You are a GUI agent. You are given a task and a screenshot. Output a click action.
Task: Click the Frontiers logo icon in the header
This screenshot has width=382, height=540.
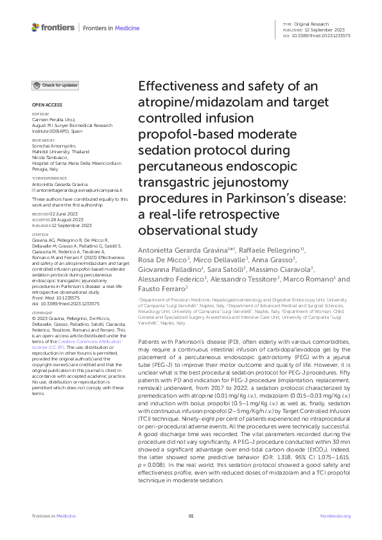(35, 28)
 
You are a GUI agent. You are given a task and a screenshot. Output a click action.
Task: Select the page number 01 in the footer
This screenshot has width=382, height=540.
(191, 515)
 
